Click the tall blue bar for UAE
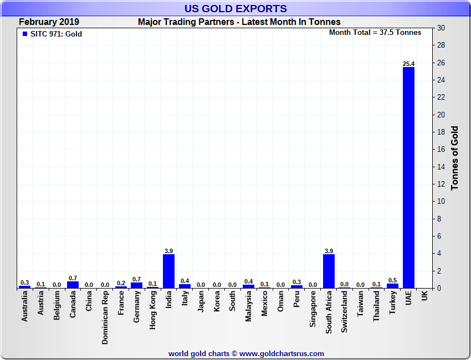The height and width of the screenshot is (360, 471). coord(408,177)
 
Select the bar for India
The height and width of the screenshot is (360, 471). coord(168,271)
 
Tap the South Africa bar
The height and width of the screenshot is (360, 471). coord(329,271)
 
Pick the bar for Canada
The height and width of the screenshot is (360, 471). coord(73,285)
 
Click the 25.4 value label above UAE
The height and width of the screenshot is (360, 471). coord(408,64)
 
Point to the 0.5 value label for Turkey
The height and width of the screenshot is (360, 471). coord(392,280)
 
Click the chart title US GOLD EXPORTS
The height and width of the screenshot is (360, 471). coord(235,9)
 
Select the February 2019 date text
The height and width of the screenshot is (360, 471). coord(49,22)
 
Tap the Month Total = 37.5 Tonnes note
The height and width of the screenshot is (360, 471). coord(375,32)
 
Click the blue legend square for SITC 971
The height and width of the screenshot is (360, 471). coord(24,34)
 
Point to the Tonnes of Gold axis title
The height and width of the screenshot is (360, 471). coord(455,158)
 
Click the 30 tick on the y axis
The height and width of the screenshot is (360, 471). coord(442,28)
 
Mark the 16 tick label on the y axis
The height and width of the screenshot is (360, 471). coord(442,150)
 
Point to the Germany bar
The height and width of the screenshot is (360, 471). coord(136,285)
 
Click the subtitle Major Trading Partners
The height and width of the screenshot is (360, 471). coord(239,22)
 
